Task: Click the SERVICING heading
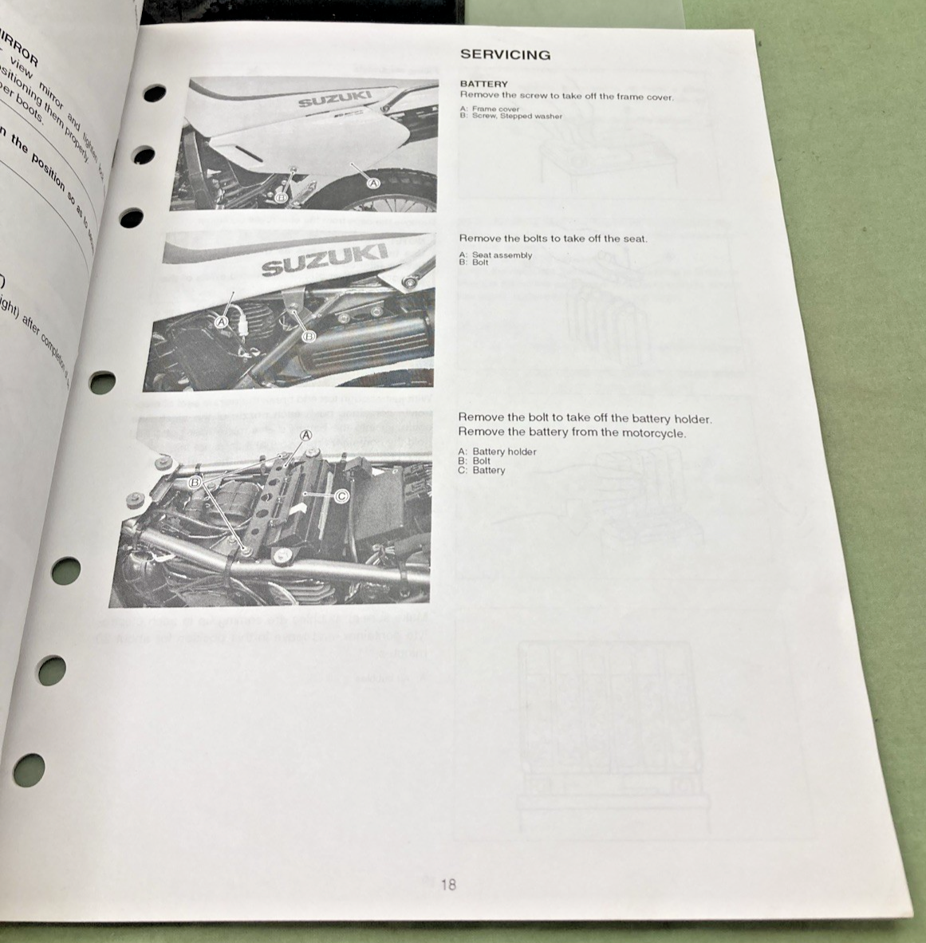pyautogui.click(x=505, y=55)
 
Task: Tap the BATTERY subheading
pyautogui.click(x=483, y=84)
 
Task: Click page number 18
pyautogui.click(x=448, y=884)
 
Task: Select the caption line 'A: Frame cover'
pyautogui.click(x=489, y=109)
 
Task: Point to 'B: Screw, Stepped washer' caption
pyautogui.click(x=510, y=116)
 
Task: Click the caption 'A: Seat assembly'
pyautogui.click(x=495, y=255)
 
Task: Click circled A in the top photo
pyautogui.click(x=372, y=182)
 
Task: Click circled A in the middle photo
pyautogui.click(x=223, y=322)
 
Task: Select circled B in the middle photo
pyautogui.click(x=308, y=337)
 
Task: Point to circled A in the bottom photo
pyautogui.click(x=305, y=435)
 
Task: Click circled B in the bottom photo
pyautogui.click(x=195, y=483)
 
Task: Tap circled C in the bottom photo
pyautogui.click(x=341, y=495)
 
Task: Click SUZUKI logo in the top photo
pyautogui.click(x=334, y=98)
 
